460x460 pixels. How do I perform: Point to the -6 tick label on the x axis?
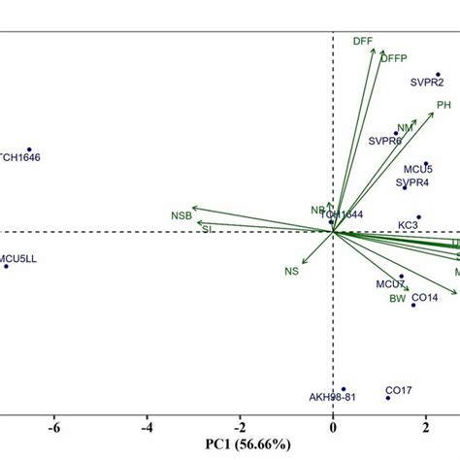54,426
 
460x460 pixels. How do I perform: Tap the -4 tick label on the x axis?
148,426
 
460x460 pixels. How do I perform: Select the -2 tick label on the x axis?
240,426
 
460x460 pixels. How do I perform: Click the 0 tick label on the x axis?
333,426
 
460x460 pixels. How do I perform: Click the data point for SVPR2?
438,74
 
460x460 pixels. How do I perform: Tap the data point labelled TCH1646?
29,148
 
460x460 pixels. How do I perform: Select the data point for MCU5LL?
6,265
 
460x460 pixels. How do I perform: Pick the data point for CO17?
388,397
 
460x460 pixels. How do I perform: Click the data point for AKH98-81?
343,389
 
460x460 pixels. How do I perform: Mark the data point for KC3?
419,217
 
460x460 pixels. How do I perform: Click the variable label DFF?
363,42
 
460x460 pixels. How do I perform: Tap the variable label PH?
444,105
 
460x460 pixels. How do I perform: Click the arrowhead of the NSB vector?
192,206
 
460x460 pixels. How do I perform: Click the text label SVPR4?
412,182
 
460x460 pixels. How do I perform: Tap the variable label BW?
398,299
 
